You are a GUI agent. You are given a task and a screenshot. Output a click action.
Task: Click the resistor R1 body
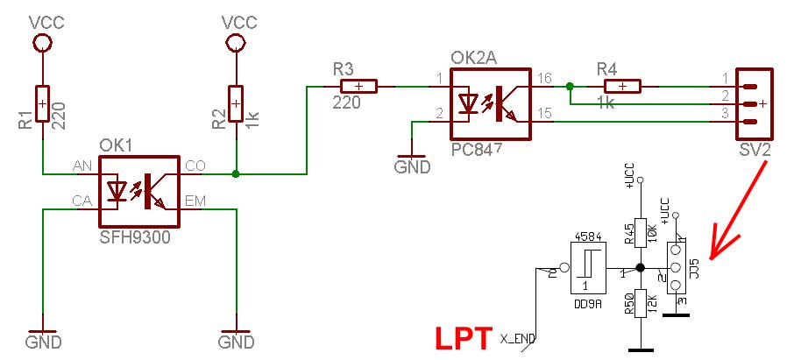pos(43,103)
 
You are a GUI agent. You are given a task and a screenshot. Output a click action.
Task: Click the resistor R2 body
pos(236,103)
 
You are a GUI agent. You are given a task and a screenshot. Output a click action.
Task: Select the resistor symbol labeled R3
pos(358,86)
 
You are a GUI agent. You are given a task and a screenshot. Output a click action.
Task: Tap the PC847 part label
pos(477,150)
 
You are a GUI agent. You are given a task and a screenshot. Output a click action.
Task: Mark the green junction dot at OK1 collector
pos(236,174)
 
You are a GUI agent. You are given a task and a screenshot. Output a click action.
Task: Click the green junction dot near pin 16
pos(570,86)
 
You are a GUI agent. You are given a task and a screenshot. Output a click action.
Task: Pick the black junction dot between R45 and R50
pos(641,268)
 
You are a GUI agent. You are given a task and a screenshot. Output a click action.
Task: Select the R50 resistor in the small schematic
pos(641,306)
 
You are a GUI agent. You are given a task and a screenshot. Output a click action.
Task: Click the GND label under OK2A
pos(412,166)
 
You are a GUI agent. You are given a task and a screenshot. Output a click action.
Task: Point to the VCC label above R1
pos(43,19)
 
